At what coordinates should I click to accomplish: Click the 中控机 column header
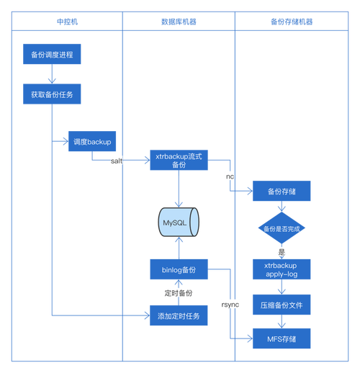coord(66,22)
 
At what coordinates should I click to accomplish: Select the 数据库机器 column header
coord(179,22)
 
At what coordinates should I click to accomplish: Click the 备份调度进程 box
coord(52,54)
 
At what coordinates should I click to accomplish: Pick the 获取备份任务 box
coord(52,94)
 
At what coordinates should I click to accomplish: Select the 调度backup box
coord(92,142)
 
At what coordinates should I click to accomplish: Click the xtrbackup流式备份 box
coord(179,160)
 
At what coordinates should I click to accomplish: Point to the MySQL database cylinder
coord(179,223)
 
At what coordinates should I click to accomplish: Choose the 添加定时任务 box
coord(179,315)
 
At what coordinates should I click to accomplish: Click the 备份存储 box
coord(280,192)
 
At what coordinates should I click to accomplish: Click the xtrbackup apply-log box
coord(280,270)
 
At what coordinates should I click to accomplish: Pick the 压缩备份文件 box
coord(280,305)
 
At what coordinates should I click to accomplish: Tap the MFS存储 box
coord(280,337)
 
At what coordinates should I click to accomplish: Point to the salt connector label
coord(115,161)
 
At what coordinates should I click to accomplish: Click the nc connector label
coord(230,176)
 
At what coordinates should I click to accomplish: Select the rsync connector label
coord(230,305)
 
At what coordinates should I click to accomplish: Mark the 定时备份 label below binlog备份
coord(179,293)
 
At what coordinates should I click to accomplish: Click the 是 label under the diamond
coord(282,251)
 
